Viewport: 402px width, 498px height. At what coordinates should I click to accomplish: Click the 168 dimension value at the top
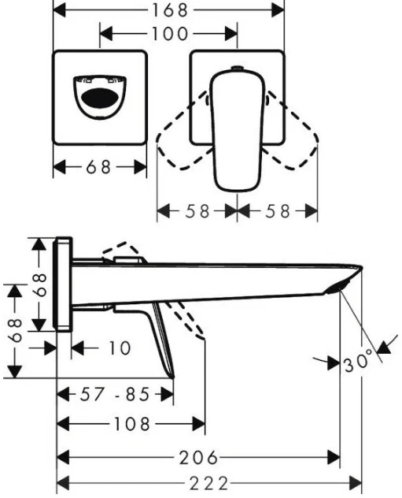[170, 10]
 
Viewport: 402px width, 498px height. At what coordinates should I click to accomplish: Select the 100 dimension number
[170, 34]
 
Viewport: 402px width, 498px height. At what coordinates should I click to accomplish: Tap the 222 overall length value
[208, 484]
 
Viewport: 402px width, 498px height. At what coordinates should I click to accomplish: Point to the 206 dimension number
[198, 458]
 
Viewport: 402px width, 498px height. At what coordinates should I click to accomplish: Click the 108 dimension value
[131, 424]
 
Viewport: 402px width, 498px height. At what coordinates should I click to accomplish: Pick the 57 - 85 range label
[114, 395]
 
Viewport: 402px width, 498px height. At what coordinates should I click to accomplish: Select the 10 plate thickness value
[120, 348]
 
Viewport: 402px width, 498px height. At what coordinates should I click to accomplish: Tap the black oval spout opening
[100, 98]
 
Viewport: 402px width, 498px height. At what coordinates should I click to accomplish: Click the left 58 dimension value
[197, 211]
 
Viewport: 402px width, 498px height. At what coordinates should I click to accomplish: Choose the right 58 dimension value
[278, 211]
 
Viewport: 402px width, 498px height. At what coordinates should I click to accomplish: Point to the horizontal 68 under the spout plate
[98, 167]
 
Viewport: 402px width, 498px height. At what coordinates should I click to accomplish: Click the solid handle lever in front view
[238, 131]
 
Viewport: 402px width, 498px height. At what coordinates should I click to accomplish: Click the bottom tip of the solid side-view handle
[173, 377]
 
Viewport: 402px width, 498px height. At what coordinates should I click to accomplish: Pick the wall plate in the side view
[64, 284]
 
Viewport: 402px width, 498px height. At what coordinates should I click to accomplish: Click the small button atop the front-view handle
[238, 68]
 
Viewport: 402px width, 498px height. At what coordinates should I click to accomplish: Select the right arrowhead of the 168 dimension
[278, 10]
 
